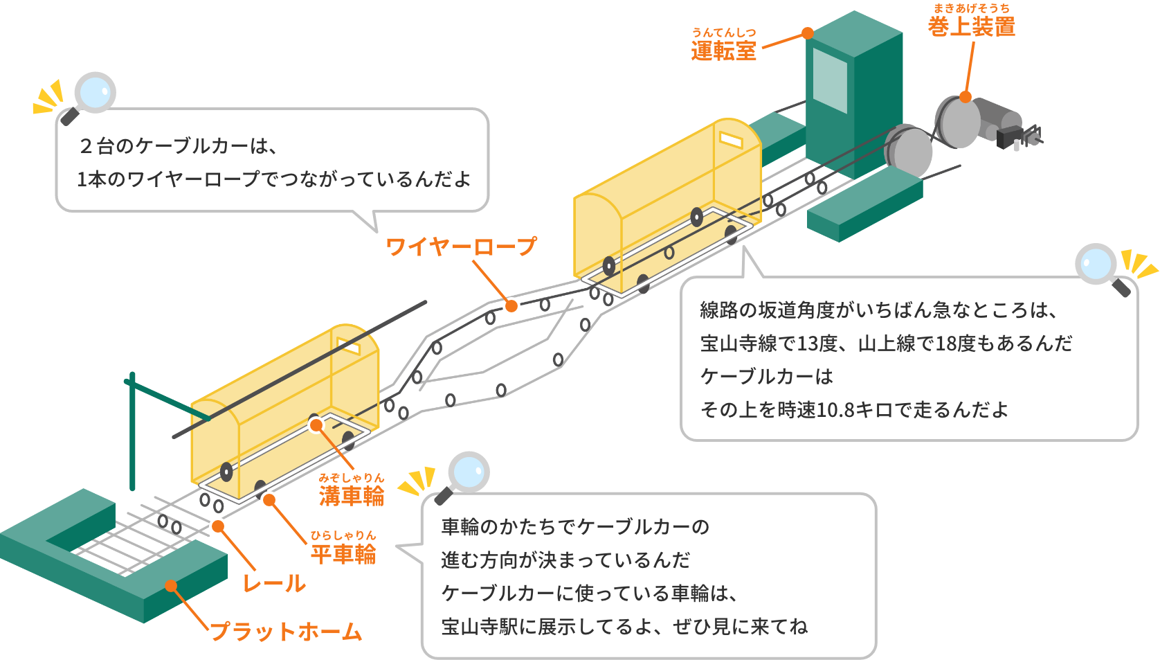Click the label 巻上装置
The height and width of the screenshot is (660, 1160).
972,26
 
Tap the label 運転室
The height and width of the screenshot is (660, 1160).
723,50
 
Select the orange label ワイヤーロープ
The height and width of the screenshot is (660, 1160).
461,246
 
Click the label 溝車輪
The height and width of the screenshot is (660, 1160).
352,494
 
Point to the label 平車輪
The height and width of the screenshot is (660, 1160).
343,553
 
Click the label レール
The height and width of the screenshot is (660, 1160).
274,583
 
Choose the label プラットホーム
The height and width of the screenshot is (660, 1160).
286,631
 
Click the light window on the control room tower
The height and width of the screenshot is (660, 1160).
830,80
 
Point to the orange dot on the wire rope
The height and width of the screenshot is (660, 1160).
511,305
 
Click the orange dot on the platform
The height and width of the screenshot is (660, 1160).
171,586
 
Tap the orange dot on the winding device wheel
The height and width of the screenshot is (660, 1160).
966,97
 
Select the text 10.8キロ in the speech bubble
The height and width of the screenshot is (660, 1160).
855,410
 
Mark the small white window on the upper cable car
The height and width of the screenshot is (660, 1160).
731,140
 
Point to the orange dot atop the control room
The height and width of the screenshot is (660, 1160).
808,33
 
